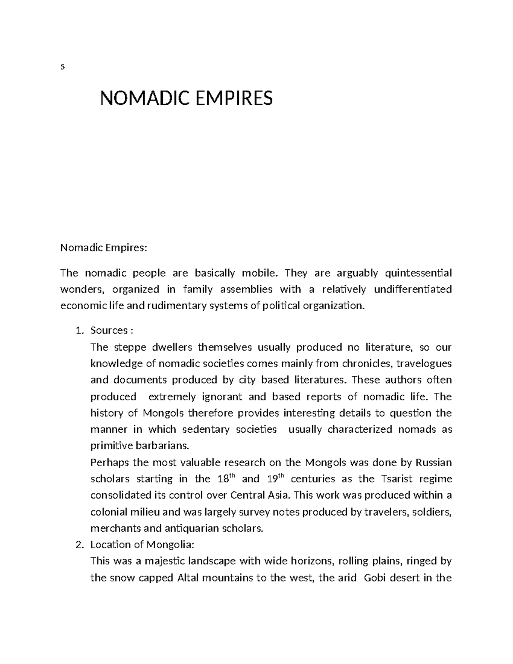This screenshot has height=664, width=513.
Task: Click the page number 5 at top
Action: (x=62, y=67)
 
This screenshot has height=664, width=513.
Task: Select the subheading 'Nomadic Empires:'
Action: (x=103, y=248)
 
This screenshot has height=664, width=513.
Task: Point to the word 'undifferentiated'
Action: (x=413, y=289)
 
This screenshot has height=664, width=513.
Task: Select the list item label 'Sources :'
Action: (x=112, y=330)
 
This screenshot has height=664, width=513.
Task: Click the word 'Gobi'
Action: (x=375, y=578)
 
